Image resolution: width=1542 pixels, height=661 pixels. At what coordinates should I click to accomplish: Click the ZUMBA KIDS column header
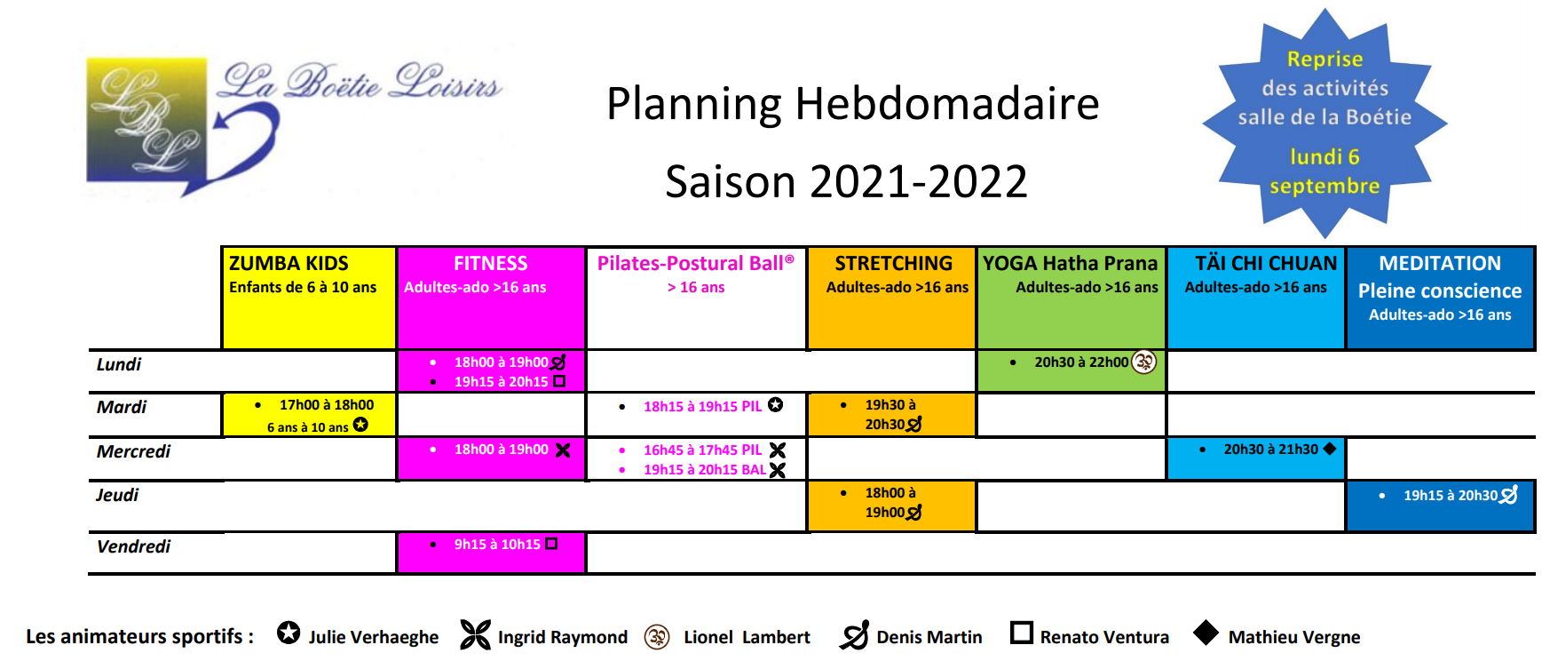[289, 263]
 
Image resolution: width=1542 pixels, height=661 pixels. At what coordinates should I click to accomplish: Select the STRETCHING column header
[893, 263]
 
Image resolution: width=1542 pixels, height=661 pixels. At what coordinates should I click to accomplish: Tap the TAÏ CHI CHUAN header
[1266, 263]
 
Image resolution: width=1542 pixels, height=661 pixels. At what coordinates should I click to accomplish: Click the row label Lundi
[119, 364]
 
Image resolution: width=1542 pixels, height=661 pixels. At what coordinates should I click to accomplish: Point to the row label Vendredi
[133, 546]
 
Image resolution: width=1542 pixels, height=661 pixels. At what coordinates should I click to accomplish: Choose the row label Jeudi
[117, 495]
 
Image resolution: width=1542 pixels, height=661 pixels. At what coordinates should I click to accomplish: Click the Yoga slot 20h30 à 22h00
[1081, 362]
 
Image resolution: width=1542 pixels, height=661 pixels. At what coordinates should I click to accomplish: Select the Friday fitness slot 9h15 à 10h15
[497, 545]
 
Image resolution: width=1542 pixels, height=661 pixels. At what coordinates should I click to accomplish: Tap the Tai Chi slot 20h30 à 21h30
[1270, 450]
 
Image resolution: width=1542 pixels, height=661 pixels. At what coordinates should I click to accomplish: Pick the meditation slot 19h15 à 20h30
[1451, 496]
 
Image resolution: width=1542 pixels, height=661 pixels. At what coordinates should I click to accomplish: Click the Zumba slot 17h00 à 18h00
[327, 405]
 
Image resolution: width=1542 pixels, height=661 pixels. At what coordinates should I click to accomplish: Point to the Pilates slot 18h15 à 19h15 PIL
[702, 407]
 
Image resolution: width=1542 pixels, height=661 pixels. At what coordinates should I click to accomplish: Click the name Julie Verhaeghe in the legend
[374, 637]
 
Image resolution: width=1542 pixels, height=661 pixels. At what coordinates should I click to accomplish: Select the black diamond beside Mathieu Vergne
[1206, 633]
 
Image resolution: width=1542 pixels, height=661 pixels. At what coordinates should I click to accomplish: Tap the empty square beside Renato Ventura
[1022, 633]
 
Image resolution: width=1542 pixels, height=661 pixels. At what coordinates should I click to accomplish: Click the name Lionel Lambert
[747, 637]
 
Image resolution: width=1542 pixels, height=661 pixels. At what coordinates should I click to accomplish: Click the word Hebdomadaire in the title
[946, 103]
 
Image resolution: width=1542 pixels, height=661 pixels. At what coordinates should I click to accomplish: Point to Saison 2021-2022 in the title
[846, 181]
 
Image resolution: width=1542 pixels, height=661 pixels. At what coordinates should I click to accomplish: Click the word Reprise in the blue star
[1325, 60]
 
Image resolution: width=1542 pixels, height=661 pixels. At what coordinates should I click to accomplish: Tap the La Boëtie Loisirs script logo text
[361, 82]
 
